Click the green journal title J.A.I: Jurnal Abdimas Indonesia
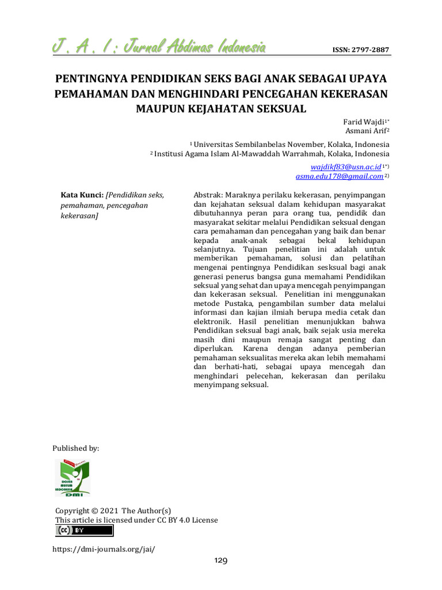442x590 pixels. pyautogui.click(x=159, y=47)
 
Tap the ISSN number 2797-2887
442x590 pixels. pyautogui.click(x=361, y=50)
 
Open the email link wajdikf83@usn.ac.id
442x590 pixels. pyautogui.click(x=346, y=167)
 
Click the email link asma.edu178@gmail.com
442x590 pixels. pyautogui.click(x=339, y=176)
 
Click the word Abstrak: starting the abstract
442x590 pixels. pyautogui.click(x=208, y=195)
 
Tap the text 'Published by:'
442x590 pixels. pyautogui.click(x=76, y=448)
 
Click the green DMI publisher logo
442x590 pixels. pyautogui.click(x=72, y=478)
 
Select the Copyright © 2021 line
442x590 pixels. pyautogui.click(x=113, y=510)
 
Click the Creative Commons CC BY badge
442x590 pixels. pyautogui.click(x=84, y=531)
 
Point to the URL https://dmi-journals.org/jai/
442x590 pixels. pyautogui.click(x=104, y=549)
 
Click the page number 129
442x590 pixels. pyautogui.click(x=221, y=561)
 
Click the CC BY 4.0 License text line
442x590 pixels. pyautogui.click(x=136, y=520)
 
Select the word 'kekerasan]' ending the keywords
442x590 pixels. pyautogui.click(x=79, y=215)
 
